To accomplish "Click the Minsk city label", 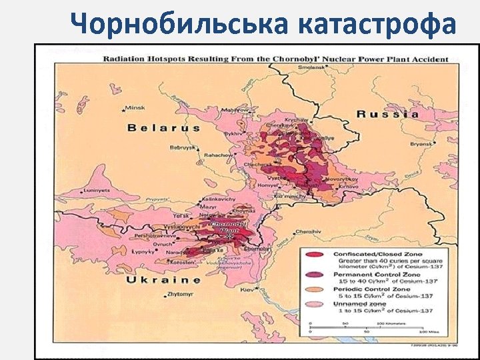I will [x=135, y=107].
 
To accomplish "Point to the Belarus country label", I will [x=164, y=127].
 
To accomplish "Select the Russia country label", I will [x=389, y=114].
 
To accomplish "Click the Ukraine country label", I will [x=163, y=280].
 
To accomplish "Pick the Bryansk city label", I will [x=421, y=143].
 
